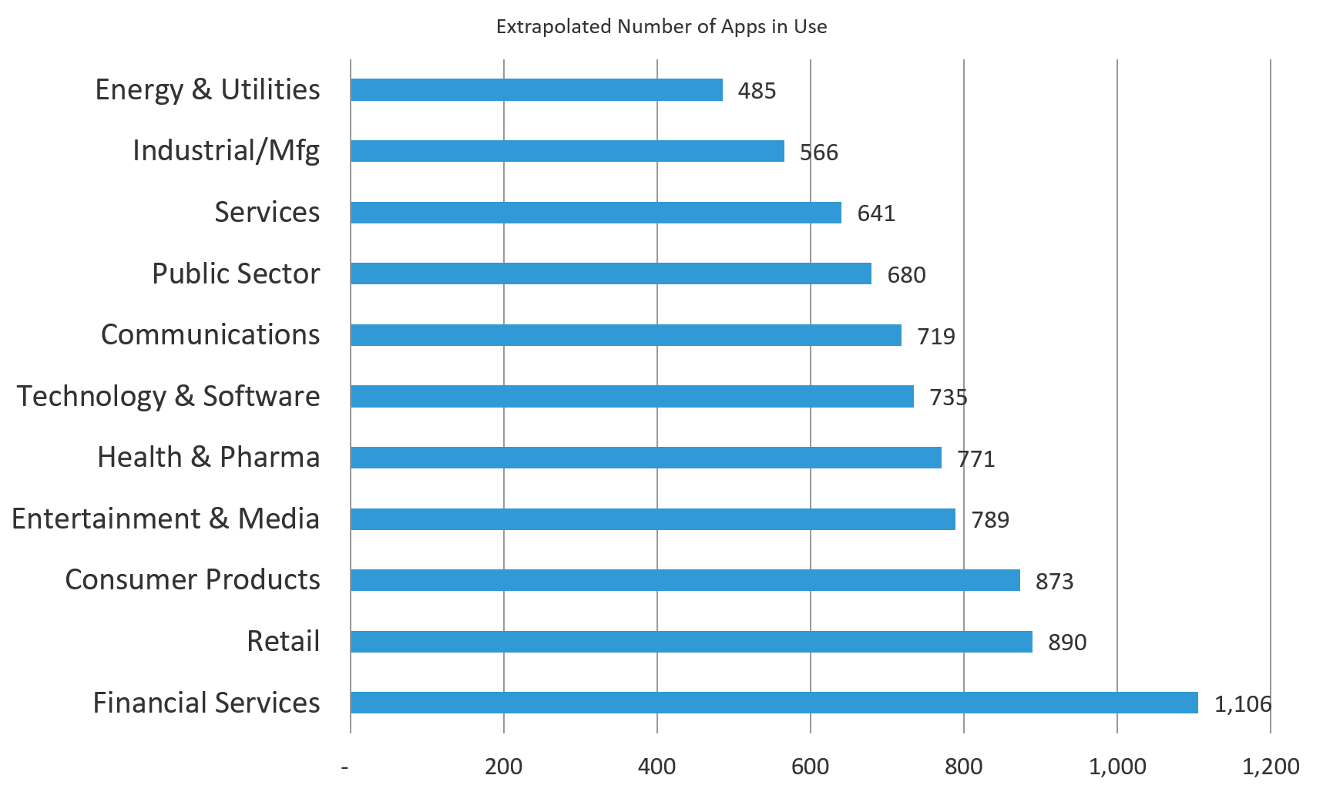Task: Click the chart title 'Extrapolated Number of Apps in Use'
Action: pos(661,27)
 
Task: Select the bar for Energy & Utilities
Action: pos(536,90)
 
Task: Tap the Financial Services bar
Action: pos(774,703)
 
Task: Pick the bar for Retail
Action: pos(691,642)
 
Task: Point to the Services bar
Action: pos(596,213)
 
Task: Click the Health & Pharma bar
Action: pos(646,458)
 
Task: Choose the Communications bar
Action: pos(626,335)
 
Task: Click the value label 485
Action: pos(757,91)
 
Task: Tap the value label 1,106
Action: pos(1242,703)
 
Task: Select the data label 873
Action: pos(1054,581)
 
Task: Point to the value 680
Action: pos(906,275)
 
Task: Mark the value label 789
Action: pos(990,520)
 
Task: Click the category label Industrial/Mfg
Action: pos(226,151)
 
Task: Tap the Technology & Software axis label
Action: pos(168,396)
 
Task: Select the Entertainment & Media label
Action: pos(165,518)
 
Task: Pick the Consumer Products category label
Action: pos(192,579)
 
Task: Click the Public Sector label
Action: pos(236,274)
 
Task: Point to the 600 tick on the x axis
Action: pos(810,767)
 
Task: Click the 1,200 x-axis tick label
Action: pos(1270,767)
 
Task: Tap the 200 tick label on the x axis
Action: pos(503,767)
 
